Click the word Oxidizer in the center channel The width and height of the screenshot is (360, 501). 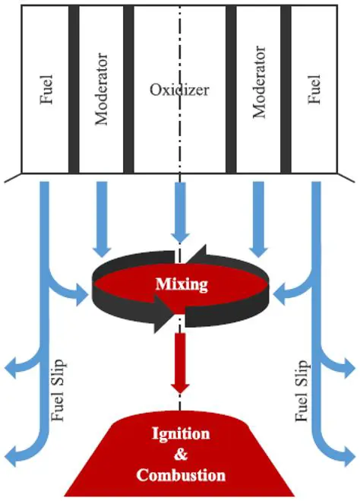178,89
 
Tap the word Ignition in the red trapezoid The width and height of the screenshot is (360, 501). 180,435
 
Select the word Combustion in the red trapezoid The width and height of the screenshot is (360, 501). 180,476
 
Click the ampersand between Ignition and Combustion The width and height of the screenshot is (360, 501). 180,455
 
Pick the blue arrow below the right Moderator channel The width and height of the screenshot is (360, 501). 259,220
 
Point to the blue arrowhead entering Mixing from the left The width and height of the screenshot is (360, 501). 81,291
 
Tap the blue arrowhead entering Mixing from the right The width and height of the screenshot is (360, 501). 279,291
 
